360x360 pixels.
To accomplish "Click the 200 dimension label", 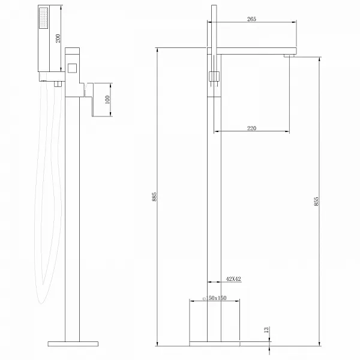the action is click(58, 38).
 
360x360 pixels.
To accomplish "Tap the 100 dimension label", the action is click(107, 100).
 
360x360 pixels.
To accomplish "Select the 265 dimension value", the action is click(251, 19).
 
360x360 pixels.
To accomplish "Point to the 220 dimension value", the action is click(251, 128).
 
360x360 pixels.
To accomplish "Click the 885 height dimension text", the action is click(154, 197).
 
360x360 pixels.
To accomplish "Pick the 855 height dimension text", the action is click(316, 201).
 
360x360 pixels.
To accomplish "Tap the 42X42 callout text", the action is click(233, 279).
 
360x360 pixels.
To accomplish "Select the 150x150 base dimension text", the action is click(216, 298).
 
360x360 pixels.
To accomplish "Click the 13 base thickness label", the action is click(266, 330).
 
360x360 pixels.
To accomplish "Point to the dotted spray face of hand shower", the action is click(43, 18).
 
